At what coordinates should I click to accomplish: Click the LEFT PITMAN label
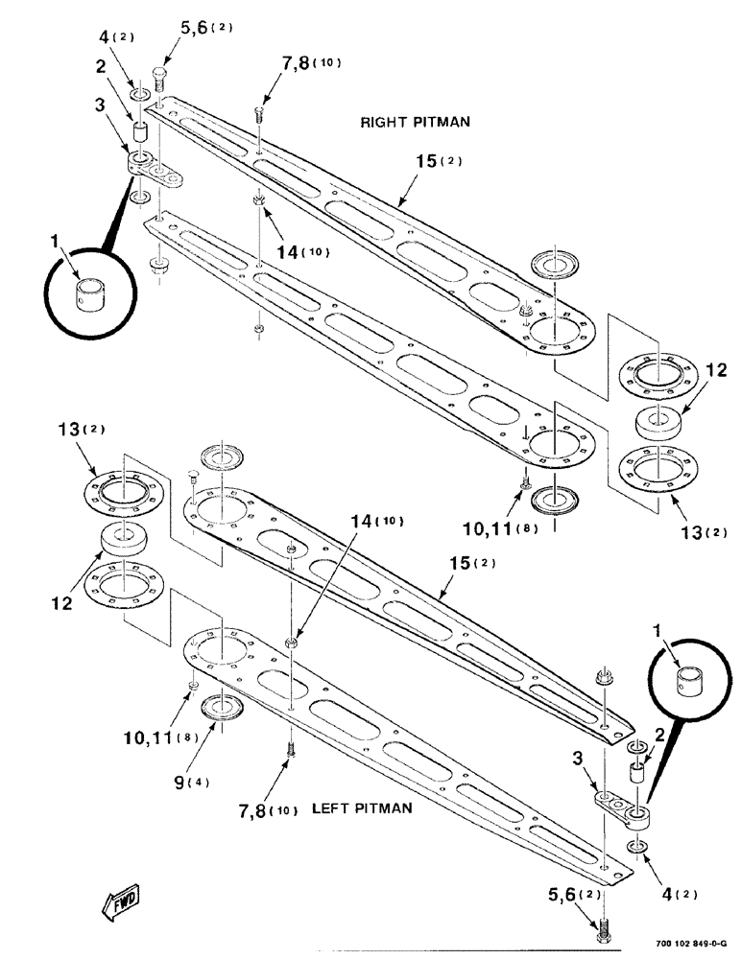pyautogui.click(x=362, y=808)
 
